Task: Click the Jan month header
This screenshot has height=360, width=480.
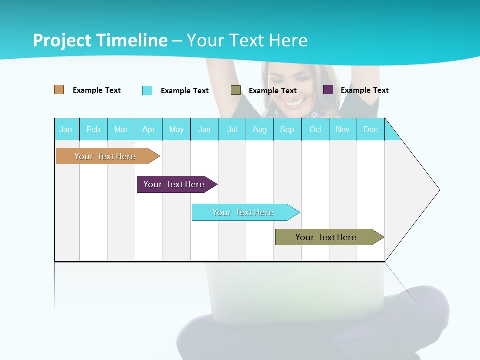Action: [66, 129]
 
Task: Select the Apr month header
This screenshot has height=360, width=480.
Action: [149, 129]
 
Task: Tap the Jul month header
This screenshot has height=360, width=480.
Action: [232, 129]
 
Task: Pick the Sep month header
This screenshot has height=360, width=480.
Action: [287, 129]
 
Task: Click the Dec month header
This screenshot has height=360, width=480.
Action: [370, 129]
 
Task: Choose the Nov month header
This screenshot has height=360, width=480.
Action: [342, 129]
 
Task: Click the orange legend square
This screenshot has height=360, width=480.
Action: [59, 90]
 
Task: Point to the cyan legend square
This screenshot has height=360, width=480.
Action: [147, 90]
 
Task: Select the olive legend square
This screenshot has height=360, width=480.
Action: [236, 90]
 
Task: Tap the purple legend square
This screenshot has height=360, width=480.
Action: [328, 90]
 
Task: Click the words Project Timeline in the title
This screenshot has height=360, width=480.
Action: [100, 40]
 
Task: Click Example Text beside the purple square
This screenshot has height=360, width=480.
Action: [364, 90]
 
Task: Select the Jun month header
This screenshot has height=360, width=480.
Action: [204, 129]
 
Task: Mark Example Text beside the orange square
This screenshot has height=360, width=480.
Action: [96, 90]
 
